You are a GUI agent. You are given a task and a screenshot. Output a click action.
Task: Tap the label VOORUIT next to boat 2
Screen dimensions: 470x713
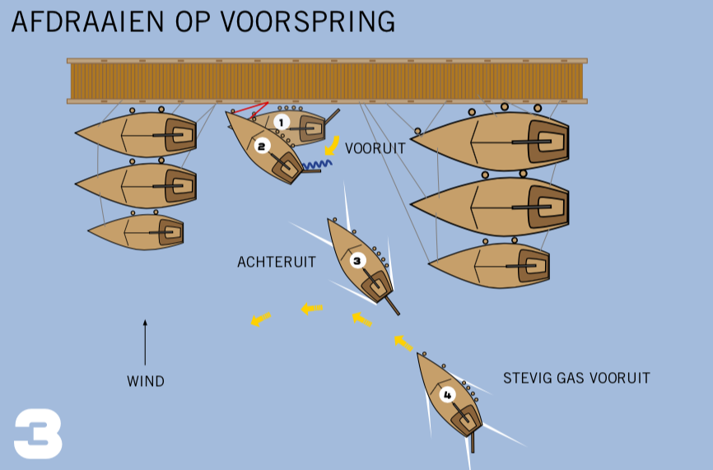tap(375, 149)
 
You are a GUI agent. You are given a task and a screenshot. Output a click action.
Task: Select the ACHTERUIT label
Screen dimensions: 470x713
tap(277, 263)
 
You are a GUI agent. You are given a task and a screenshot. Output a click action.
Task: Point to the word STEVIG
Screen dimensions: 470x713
tap(526, 379)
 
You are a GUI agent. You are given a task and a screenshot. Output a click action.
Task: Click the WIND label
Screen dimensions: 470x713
tap(146, 382)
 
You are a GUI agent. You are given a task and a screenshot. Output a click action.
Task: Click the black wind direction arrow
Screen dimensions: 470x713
tap(145, 342)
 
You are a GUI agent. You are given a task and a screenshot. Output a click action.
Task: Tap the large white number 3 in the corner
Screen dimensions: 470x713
tap(38, 433)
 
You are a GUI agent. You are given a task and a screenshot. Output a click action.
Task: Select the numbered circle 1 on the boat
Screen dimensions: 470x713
tap(282, 122)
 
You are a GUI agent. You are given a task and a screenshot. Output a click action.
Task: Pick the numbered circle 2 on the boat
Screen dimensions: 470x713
tap(262, 147)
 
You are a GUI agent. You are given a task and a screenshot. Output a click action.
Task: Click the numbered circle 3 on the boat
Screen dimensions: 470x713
tap(357, 261)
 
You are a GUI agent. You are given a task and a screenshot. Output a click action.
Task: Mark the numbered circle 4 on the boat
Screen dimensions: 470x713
tap(447, 394)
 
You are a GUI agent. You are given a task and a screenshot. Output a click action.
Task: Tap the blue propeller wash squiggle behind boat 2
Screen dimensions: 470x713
tap(317, 165)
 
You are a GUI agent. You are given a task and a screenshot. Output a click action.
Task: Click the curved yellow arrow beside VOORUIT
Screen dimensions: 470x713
tap(333, 146)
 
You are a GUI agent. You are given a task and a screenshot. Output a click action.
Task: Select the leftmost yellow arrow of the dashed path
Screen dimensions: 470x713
tap(260, 319)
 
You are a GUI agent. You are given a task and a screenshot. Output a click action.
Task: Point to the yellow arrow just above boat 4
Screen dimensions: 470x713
tap(403, 342)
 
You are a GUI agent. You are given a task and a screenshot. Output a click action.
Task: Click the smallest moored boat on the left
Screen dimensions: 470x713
tap(137, 232)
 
